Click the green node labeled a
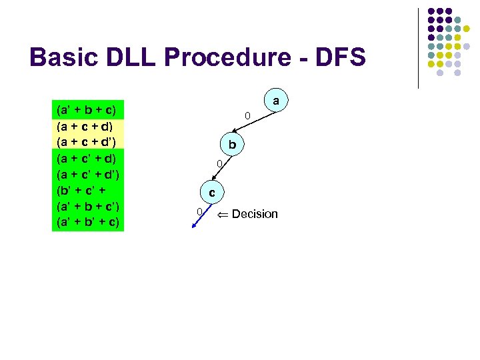276,101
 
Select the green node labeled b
232,144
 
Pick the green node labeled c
211,193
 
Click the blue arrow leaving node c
198,219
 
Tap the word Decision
255,214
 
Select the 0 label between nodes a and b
247,117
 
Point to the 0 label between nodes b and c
217,164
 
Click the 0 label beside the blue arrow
199,212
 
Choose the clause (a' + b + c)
87,109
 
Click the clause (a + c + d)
87,125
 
